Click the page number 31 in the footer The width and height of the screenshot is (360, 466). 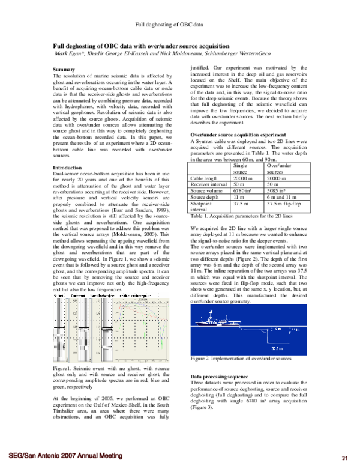344,457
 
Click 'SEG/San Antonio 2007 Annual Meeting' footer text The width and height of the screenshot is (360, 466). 65,456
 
